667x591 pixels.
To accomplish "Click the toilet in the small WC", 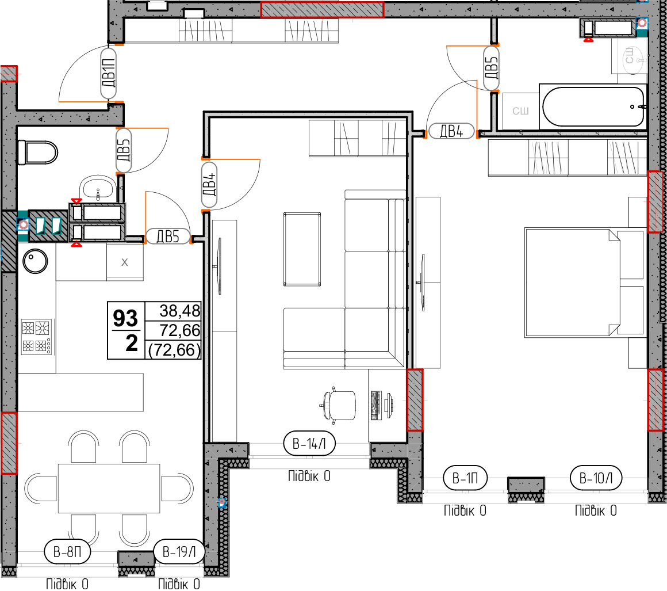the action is [x=37, y=152].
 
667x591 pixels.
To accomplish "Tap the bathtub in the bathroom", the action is [x=593, y=106].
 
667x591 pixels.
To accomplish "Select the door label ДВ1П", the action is [x=109, y=73].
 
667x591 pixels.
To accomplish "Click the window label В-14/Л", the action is [x=309, y=444].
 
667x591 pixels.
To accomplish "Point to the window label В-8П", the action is [x=68, y=551].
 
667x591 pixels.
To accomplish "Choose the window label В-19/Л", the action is [x=179, y=551].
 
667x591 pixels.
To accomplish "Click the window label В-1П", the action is [x=465, y=478].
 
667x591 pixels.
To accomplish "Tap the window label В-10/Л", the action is [x=596, y=478].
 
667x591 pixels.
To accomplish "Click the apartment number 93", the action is [x=125, y=318].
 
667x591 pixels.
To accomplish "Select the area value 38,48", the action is [x=179, y=311].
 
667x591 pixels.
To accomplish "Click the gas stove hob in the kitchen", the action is [x=37, y=337].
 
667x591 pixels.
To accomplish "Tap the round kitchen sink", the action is [x=35, y=261].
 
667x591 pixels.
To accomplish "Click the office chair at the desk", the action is [x=338, y=405].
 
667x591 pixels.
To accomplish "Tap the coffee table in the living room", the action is [x=302, y=249].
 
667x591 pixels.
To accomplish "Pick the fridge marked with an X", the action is [x=125, y=262].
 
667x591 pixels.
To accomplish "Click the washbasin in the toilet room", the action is [x=97, y=188].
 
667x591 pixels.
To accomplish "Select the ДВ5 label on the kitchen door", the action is [x=168, y=237].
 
